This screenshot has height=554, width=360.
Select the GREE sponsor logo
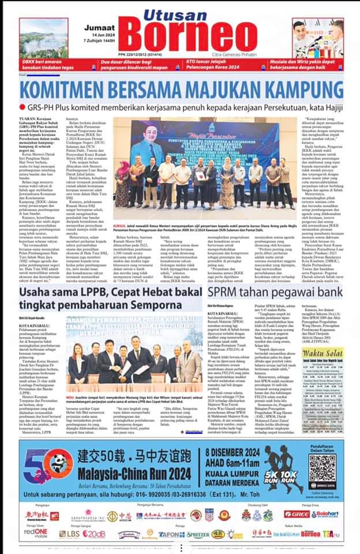point(297,514)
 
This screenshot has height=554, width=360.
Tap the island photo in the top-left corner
point(43,38)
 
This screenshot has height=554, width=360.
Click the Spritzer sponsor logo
point(197,534)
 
